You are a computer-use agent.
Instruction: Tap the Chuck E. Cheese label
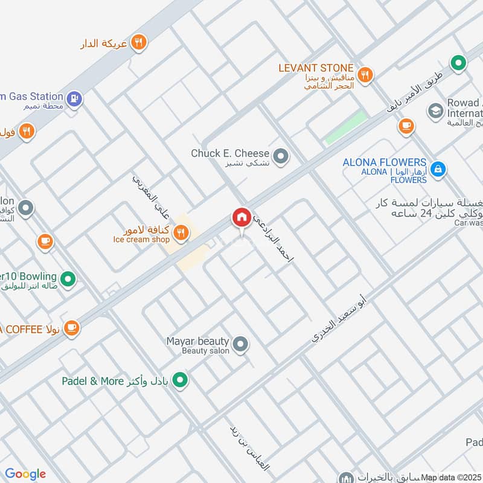[230, 153]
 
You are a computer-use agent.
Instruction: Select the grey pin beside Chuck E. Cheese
[280, 157]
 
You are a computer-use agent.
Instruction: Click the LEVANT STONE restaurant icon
[365, 75]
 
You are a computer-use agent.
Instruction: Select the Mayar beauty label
[197, 341]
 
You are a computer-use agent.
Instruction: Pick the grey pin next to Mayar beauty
[241, 344]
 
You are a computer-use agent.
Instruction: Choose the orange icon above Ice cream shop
[179, 231]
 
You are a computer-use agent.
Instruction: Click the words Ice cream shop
[141, 240]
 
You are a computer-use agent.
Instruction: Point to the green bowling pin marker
[69, 279]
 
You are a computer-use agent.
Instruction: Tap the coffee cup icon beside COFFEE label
[71, 328]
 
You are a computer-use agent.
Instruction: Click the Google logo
[25, 474]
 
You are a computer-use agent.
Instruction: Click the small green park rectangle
[346, 127]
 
